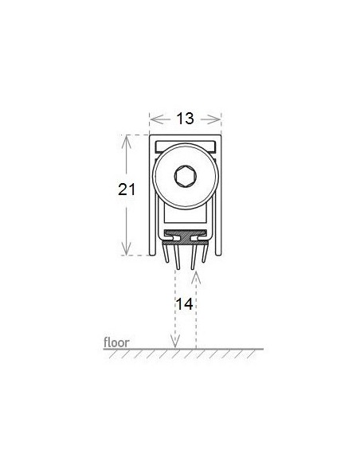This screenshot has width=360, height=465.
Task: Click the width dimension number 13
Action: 185,119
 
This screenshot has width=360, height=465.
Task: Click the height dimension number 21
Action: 127,190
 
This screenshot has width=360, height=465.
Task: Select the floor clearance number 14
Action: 185,303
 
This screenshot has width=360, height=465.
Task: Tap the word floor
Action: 116,342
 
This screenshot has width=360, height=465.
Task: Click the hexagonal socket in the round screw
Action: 186,177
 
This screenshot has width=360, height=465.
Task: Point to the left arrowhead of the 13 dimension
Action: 156,119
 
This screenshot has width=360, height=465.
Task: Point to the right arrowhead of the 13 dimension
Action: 214,119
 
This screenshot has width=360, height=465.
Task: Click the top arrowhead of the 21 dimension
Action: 127,142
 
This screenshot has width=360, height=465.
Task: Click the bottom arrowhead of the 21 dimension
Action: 127,248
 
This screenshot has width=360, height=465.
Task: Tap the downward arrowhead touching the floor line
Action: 175,342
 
